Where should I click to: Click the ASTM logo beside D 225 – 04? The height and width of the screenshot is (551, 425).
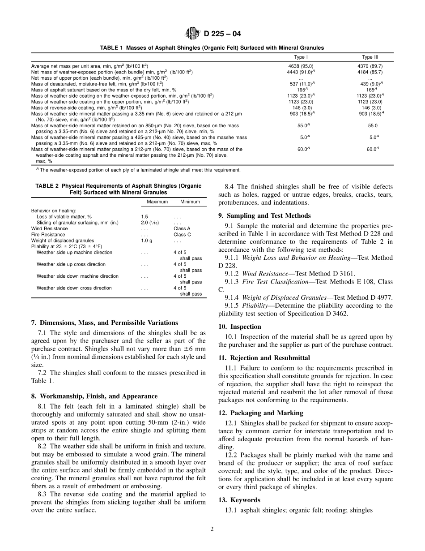(x=193, y=34)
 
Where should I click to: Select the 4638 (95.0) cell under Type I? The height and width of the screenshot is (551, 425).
(x=300, y=66)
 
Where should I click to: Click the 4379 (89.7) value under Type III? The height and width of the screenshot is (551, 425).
(x=370, y=66)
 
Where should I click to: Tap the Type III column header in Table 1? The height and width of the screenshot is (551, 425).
(x=370, y=57)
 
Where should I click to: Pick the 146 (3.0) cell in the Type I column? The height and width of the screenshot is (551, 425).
(x=300, y=108)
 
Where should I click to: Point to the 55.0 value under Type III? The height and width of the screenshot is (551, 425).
(x=372, y=126)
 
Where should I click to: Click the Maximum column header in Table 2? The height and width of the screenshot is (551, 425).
(x=157, y=202)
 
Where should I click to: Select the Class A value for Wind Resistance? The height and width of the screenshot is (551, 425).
(x=182, y=228)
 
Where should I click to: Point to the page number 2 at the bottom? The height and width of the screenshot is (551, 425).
(x=212, y=529)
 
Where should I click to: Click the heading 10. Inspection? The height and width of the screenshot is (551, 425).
(x=240, y=327)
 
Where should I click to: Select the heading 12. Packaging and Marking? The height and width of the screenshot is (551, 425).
(x=260, y=413)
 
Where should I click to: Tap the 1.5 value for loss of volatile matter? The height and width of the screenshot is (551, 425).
(x=144, y=216)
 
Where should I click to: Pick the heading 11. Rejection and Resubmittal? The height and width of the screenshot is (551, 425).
(x=264, y=358)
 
